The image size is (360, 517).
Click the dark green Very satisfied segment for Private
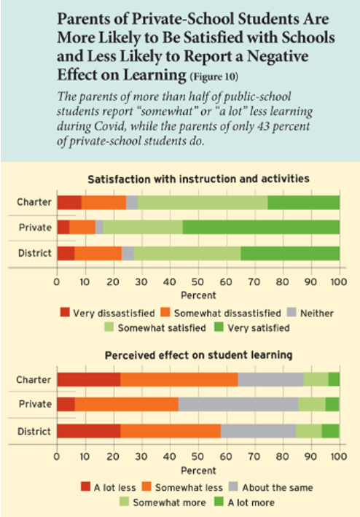[x=261, y=228]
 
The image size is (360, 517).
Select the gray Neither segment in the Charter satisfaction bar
[x=132, y=203]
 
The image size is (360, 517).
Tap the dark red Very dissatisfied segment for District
[x=66, y=253]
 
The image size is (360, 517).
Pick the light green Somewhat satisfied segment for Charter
[x=203, y=203]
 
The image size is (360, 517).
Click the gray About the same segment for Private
[x=238, y=404]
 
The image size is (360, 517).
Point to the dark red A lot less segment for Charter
[x=89, y=379]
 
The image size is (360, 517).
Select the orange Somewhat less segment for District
[x=171, y=431]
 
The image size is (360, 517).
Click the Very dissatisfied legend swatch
[x=65, y=312]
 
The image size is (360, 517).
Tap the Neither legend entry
[x=310, y=313]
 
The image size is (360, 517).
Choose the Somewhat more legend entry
[x=163, y=502]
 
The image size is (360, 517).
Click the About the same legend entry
[x=271, y=487]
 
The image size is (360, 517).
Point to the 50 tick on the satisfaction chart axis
[x=198, y=282]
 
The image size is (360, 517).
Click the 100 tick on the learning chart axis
[x=339, y=456]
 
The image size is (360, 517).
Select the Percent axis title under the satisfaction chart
[x=198, y=295]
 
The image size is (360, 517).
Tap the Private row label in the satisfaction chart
[x=35, y=228]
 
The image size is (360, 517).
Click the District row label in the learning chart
[x=34, y=432]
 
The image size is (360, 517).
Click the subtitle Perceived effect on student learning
[x=198, y=355]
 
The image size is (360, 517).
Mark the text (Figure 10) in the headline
[x=214, y=77]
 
